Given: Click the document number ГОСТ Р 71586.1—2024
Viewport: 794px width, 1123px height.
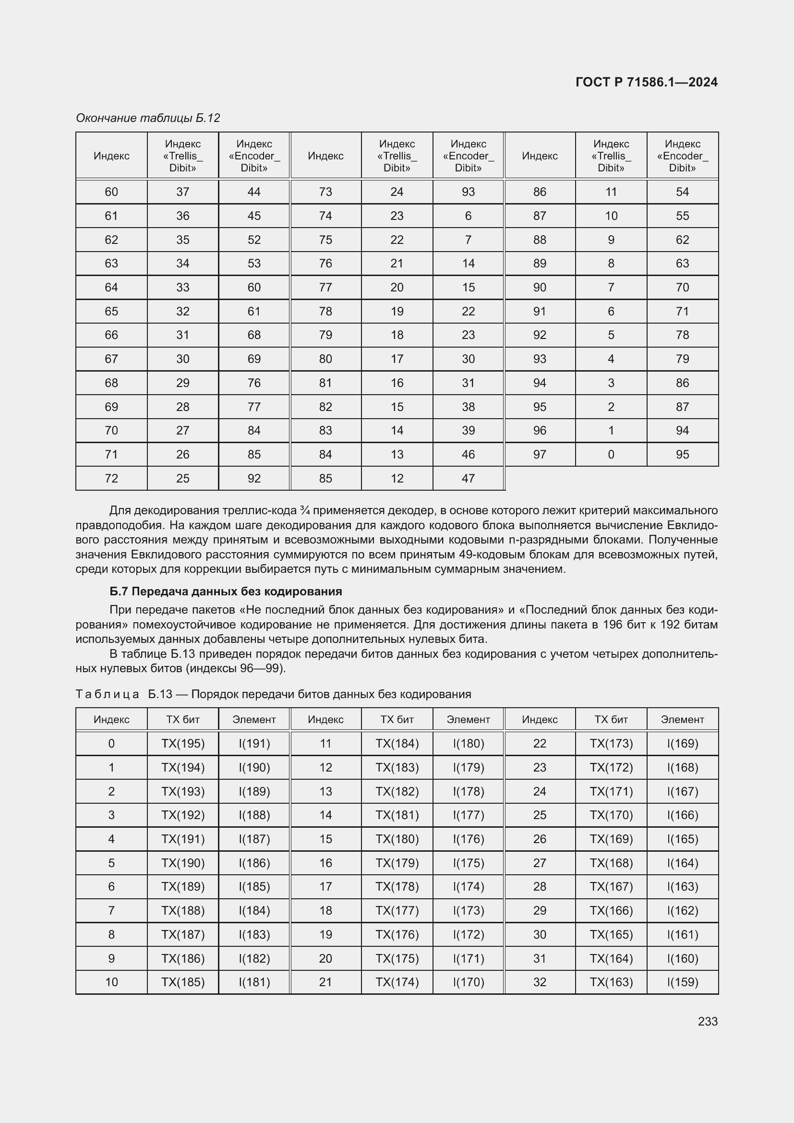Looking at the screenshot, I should coord(646,82).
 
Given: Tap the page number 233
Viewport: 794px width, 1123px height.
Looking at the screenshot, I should coord(708,1021).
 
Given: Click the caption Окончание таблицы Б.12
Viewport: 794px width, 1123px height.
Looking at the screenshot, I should coord(148,118).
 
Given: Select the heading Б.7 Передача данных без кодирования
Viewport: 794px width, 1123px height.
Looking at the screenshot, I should coord(226,592).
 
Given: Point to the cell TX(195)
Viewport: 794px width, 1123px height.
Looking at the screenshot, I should coord(183,743).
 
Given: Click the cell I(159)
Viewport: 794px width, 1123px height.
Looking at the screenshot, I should coord(682,982).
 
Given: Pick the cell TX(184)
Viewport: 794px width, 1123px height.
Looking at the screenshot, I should coord(397,743).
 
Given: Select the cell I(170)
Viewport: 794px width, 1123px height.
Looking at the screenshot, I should coord(468,982).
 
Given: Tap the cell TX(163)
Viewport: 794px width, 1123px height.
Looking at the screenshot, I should coord(611,982).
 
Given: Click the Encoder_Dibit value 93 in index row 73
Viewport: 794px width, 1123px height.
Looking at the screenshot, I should coord(468,192).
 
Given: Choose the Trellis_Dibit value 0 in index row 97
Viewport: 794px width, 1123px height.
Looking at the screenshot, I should coord(611,454).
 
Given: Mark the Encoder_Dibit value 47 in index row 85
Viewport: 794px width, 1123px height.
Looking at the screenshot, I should coord(468,478).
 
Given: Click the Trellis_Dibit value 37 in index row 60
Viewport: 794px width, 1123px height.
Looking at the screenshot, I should coord(182,192).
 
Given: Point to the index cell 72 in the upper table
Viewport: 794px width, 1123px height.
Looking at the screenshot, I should coord(111,478).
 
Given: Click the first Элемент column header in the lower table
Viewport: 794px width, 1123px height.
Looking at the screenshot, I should coord(254,720).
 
